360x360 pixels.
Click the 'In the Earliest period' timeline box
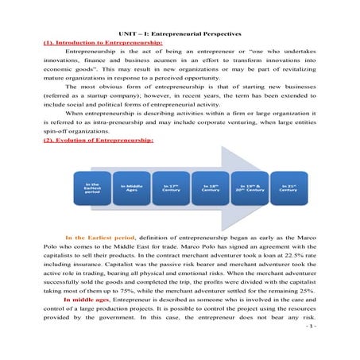pos(92,188)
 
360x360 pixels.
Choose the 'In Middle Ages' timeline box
pos(131,188)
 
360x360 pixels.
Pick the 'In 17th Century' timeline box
pos(170,188)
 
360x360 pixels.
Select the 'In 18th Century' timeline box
pos(210,188)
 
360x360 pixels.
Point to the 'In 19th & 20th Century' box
pos(250,188)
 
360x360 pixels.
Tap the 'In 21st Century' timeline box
pos(288,188)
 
